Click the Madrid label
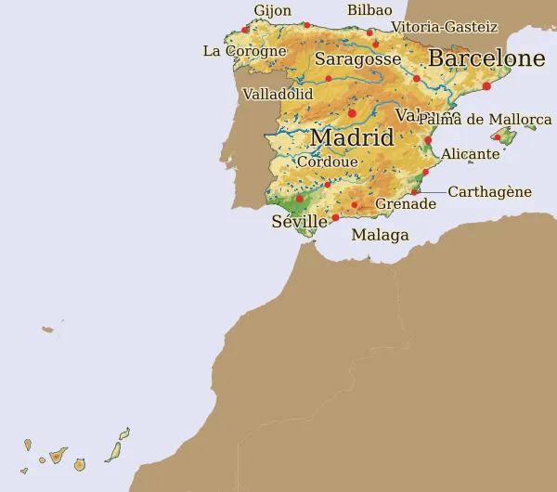[x=352, y=137]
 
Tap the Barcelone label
[x=486, y=58]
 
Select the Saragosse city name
[x=358, y=59]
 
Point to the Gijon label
[x=272, y=11]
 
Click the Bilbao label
[x=369, y=10]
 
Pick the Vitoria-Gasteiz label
[x=445, y=28]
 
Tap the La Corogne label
[x=244, y=51]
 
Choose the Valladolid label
[x=278, y=95]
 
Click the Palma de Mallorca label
[x=485, y=120]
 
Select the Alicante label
[x=471, y=154]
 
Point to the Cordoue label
[x=327, y=162]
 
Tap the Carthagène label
[x=489, y=192]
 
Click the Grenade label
[x=405, y=204]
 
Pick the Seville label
[x=299, y=222]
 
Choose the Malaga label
[x=380, y=235]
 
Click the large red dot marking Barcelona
[x=486, y=86]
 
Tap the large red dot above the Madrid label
[x=352, y=113]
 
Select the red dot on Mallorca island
[x=498, y=137]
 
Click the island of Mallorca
[x=507, y=136]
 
